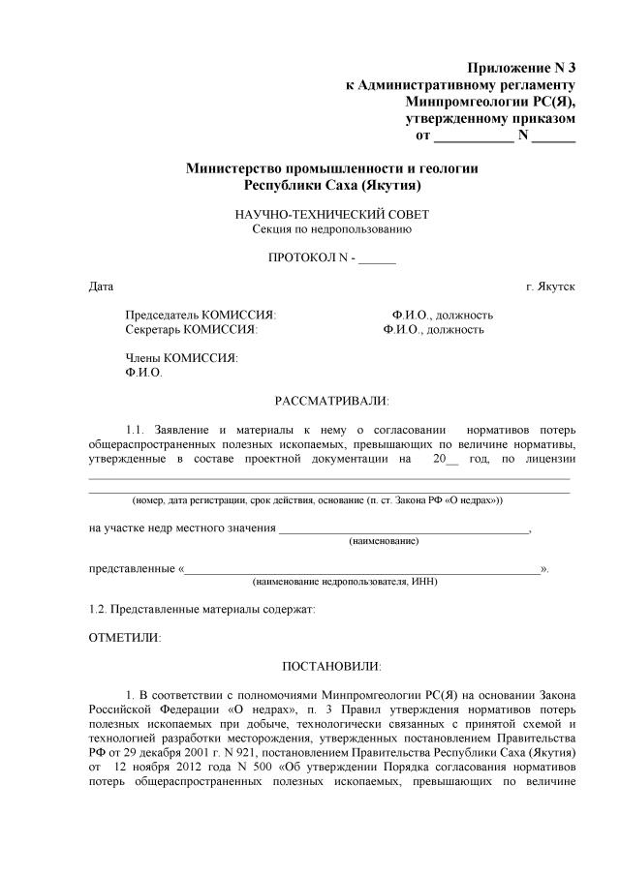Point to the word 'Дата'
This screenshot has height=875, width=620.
coord(101,287)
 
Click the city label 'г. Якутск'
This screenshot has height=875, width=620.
coord(550,287)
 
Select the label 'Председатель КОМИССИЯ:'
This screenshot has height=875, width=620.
coord(201,315)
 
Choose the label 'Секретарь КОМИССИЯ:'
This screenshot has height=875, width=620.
coord(191,330)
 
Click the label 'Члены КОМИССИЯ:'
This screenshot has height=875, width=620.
coord(181,357)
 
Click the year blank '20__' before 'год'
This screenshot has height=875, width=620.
coord(446,459)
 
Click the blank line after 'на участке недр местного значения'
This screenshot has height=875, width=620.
coord(404,528)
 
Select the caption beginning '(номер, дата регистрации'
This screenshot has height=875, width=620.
coord(317,499)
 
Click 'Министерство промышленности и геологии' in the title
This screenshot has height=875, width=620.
coord(332,167)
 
